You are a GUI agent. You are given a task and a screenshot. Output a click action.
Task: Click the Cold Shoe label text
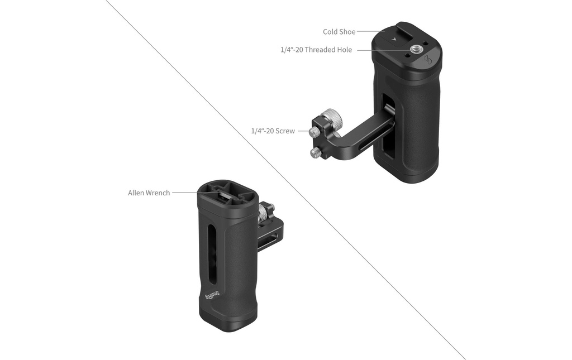(339, 32)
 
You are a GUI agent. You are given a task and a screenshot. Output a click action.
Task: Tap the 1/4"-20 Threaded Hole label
(316, 50)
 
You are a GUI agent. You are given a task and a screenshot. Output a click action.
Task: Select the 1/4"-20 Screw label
(273, 131)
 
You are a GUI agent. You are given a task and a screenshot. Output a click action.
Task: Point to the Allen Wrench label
(149, 193)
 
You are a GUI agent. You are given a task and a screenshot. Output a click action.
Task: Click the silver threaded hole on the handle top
(415, 49)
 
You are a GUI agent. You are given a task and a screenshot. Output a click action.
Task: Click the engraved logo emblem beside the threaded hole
(428, 60)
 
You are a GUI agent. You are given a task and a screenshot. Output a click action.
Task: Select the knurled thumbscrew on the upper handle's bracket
(333, 118)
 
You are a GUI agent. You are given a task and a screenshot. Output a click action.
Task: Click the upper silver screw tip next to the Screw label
(313, 132)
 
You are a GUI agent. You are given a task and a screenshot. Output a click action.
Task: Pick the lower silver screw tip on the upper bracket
(315, 153)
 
